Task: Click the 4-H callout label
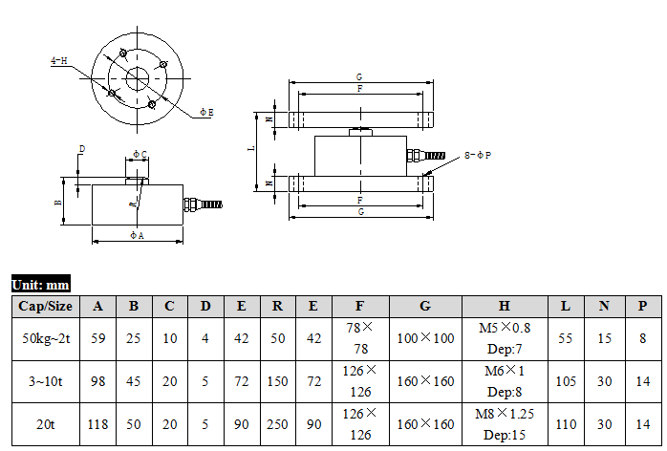point(58,60)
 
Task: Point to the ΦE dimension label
point(206,113)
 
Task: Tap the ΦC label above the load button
point(140,154)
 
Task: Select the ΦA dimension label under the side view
point(137,235)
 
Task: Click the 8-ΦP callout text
point(478,156)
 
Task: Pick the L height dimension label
point(252,148)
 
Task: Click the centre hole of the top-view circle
point(137,78)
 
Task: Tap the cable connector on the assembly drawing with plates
point(426,155)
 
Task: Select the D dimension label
point(82,149)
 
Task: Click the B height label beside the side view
point(58,203)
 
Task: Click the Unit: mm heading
point(41,284)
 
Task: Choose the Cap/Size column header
point(46,307)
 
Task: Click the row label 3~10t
point(46,381)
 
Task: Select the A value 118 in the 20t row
point(97,424)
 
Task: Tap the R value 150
point(277,381)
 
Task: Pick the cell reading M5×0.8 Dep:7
point(505,338)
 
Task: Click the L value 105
point(566,381)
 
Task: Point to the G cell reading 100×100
point(425,338)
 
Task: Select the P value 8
point(643,338)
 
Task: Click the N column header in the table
point(604,307)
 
